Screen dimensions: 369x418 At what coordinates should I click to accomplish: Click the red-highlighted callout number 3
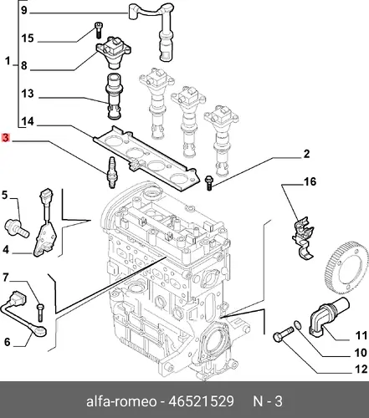tap(6, 138)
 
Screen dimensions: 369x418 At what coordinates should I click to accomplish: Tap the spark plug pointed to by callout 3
tap(112, 172)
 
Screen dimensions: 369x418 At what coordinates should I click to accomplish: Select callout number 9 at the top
tap(24, 10)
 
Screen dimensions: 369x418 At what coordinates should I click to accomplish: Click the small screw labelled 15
tap(98, 30)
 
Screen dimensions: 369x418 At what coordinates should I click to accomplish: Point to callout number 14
tap(28, 121)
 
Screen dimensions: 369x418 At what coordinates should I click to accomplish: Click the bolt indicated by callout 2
tap(209, 183)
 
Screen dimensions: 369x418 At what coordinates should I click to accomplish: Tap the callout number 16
tap(310, 181)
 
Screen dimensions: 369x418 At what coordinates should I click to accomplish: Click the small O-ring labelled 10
tap(298, 324)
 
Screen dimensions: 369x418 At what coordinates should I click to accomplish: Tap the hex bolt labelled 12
tap(283, 334)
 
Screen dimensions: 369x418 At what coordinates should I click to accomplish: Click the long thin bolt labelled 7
tap(40, 313)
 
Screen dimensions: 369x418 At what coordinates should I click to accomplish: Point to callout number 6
tap(7, 342)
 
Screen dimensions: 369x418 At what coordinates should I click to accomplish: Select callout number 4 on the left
tap(6, 250)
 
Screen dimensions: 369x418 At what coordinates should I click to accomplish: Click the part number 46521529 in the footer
tap(201, 401)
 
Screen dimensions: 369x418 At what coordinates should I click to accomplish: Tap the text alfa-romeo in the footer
tap(121, 401)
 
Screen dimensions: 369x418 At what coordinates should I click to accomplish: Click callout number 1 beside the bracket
tap(8, 61)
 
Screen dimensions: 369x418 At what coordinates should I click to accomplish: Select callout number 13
tap(28, 94)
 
